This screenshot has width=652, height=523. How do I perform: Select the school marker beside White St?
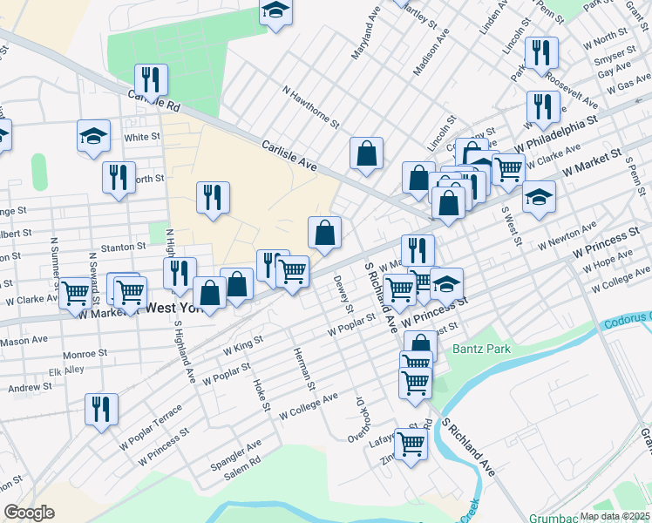click(93, 136)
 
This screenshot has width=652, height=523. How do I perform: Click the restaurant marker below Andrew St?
click(101, 409)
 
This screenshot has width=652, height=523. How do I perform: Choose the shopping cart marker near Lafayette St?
click(411, 444)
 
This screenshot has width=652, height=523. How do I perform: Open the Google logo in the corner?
click(29, 513)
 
